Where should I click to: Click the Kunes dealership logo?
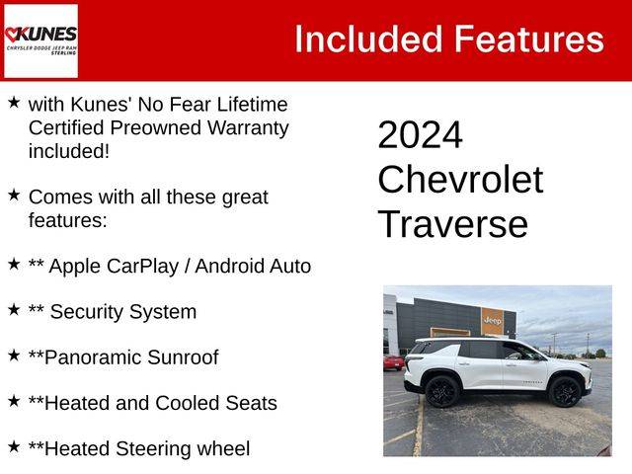40,40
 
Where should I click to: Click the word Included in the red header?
368,39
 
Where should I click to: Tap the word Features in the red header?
529,39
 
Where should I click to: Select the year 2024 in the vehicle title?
420,134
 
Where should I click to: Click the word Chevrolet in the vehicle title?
460,180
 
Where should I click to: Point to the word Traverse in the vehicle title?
453,224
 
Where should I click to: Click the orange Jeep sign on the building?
492,321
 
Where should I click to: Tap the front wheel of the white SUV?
565,391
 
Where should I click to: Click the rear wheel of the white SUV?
442,391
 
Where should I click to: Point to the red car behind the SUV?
393,362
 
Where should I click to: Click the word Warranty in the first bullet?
248,128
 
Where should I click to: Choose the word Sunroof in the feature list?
183,357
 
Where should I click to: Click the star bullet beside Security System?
14,309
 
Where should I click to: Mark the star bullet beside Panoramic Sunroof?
14,355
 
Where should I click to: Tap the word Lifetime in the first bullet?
253,105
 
